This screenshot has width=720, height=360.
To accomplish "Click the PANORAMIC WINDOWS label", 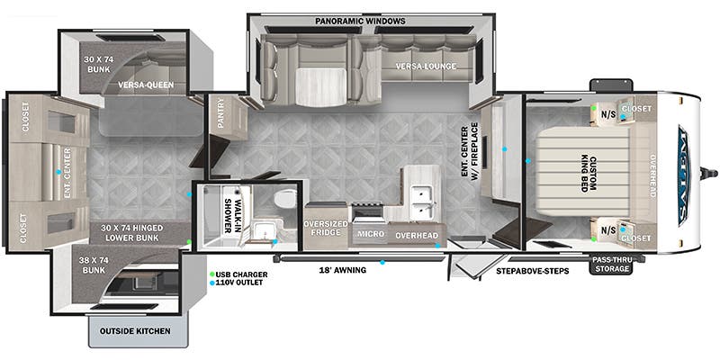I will (x=360, y=21).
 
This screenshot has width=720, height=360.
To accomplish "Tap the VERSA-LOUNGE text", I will (x=425, y=67).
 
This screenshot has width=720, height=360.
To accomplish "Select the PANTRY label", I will (x=223, y=120).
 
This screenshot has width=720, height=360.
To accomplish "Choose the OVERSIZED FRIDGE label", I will (x=326, y=229).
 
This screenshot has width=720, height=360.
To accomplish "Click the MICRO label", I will (x=369, y=234).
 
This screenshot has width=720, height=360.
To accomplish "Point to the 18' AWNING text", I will (x=342, y=269).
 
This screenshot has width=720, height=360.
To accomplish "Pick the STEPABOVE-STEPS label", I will (x=532, y=270).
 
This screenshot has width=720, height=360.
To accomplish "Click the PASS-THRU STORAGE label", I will (x=611, y=263).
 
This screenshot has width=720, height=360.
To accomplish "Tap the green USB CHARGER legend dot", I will (x=211, y=274).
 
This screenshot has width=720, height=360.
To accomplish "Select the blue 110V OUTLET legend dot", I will (x=211, y=283).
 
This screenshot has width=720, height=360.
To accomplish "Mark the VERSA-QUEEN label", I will (x=146, y=86).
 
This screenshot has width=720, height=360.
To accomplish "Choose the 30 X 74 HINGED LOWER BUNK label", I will (x=132, y=233).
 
